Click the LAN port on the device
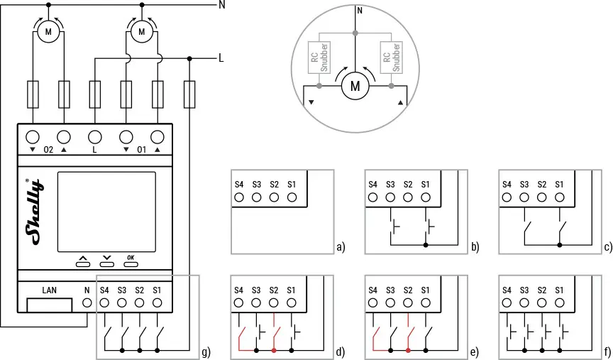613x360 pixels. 49,305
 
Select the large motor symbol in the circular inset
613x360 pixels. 355,87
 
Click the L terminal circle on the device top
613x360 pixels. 95,137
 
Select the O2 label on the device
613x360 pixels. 48,150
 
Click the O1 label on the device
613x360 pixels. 141,150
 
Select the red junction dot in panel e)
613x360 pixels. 408,351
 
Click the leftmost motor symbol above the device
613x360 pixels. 48,32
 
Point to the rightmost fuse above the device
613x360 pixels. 189,92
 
